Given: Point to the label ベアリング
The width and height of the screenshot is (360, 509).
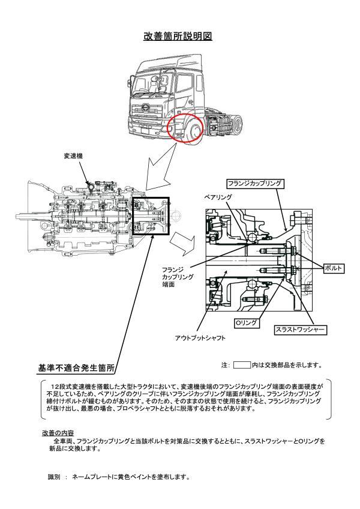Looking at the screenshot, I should coord(218,196).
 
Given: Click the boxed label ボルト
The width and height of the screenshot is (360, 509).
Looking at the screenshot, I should coord(333,268).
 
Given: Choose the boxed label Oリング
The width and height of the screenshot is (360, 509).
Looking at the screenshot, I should coord(245,323).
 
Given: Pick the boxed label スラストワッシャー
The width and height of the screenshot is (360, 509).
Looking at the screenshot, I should coord(300,330).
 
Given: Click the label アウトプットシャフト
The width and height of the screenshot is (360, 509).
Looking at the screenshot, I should coord(201,339).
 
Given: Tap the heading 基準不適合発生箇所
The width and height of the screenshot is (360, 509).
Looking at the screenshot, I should coord(76,367).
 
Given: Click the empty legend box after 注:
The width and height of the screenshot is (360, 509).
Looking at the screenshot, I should coord(242,364).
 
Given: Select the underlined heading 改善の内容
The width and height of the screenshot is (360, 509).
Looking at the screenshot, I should coord(58,432).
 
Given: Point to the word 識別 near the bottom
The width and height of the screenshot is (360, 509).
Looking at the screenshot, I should coord(54,477).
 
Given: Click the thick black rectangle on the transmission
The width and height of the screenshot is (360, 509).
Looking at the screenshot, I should coord(151,215).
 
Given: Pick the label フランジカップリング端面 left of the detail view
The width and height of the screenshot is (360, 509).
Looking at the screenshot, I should coord(178,277).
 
